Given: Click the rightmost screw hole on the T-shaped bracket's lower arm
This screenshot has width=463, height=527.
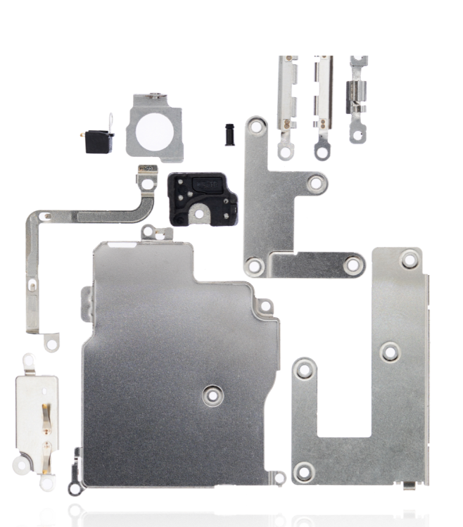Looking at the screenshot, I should (353, 265).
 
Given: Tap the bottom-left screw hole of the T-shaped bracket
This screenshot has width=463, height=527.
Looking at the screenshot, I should (255, 266).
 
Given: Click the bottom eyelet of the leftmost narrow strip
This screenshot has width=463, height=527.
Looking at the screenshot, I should (285, 151).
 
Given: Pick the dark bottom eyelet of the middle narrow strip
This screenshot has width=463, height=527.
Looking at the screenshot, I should (322, 151).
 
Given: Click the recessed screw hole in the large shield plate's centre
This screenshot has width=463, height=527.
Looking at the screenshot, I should (211, 395).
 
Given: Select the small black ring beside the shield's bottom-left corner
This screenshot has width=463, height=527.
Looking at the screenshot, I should (74, 485).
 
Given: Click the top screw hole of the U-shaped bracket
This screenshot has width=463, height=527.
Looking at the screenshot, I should (410, 260).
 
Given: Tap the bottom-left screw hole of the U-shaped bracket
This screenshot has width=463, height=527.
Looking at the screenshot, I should (304, 471).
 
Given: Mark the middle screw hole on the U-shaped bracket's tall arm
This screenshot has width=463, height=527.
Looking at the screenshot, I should (390, 352).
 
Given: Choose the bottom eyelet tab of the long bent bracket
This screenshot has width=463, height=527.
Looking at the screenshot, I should (51, 343).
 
